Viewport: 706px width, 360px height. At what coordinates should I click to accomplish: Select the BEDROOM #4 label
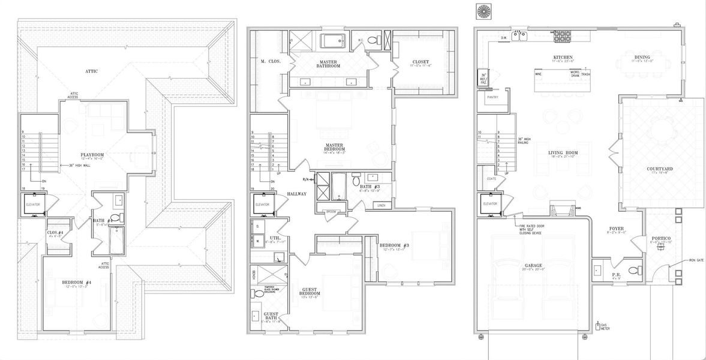pyautogui.click(x=77, y=282)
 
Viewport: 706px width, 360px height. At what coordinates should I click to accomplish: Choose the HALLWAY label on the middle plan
pyautogui.click(x=296, y=194)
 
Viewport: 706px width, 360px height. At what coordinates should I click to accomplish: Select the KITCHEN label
pyautogui.click(x=563, y=58)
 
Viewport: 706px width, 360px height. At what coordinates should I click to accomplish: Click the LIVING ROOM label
pyautogui.click(x=563, y=153)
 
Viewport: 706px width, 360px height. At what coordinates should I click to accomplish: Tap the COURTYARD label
pyautogui.click(x=659, y=170)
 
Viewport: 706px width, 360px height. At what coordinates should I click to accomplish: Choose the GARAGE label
pyautogui.click(x=533, y=265)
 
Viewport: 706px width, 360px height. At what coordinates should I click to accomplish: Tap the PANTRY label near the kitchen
pyautogui.click(x=494, y=96)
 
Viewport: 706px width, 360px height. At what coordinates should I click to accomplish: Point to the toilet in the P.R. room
pyautogui.click(x=631, y=271)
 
